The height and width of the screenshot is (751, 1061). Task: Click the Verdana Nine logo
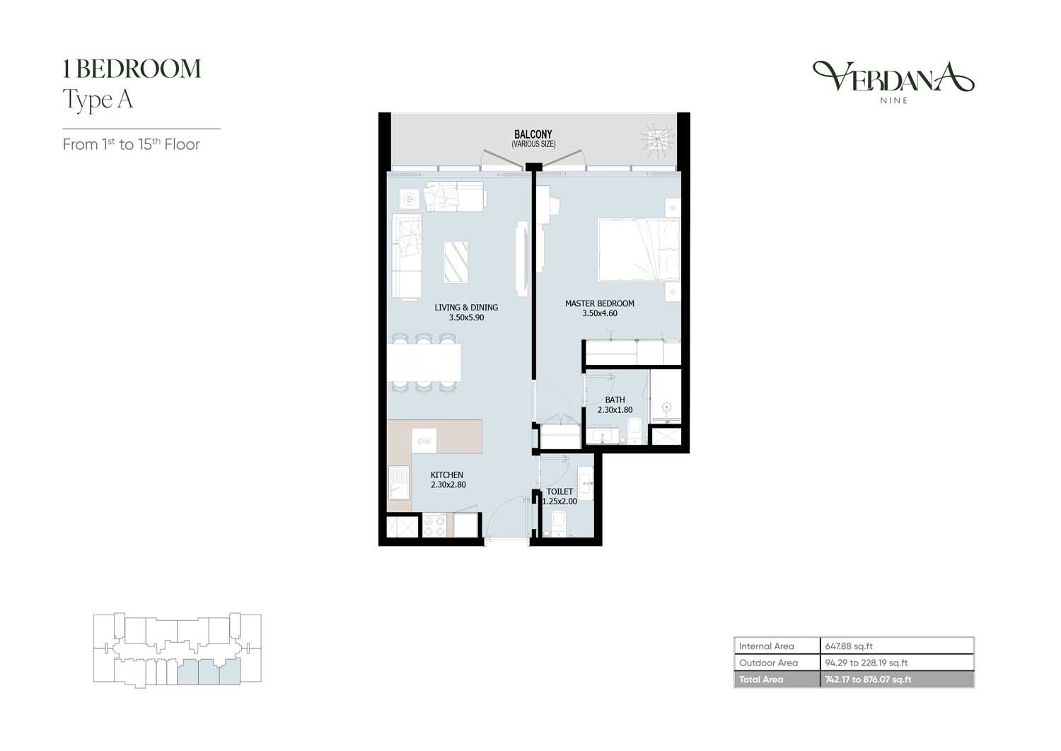(893, 82)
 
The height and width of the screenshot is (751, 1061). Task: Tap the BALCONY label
(533, 134)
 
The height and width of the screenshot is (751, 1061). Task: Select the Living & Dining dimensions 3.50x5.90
(466, 318)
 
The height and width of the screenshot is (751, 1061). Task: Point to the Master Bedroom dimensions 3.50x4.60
(600, 313)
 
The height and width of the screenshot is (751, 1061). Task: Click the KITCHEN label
(446, 475)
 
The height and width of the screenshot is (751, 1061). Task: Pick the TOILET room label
(560, 491)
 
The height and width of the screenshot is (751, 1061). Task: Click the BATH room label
(615, 400)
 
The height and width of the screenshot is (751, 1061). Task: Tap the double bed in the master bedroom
(639, 250)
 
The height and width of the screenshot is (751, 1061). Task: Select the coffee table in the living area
(456, 262)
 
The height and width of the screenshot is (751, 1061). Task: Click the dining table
(424, 362)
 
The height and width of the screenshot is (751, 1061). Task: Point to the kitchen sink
(399, 482)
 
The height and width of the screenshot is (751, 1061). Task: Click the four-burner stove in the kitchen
(434, 525)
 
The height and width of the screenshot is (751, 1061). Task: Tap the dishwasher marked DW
(424, 441)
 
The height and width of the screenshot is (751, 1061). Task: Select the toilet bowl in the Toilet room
(560, 523)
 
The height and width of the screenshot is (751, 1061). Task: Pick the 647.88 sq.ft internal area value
(849, 646)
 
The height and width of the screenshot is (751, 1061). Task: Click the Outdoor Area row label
(768, 663)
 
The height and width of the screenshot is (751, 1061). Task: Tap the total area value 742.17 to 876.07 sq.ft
(868, 680)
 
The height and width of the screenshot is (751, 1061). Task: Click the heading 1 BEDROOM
(132, 69)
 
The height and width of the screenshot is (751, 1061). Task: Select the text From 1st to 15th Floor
(131, 144)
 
